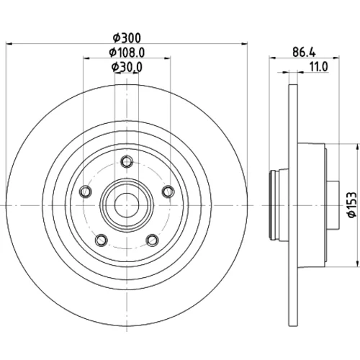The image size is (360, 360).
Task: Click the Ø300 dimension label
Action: [127, 38]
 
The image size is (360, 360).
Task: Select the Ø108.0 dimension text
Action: [127, 53]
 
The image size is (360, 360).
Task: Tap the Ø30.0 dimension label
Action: [127, 67]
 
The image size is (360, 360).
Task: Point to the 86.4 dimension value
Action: [304, 53]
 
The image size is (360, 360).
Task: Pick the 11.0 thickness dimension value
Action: [319, 67]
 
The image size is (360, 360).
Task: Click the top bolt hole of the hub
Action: [127, 161]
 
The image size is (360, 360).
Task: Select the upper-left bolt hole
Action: [85, 192]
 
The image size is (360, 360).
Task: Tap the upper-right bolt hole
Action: [168, 192]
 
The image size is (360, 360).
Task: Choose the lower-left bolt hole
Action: [101, 240]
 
